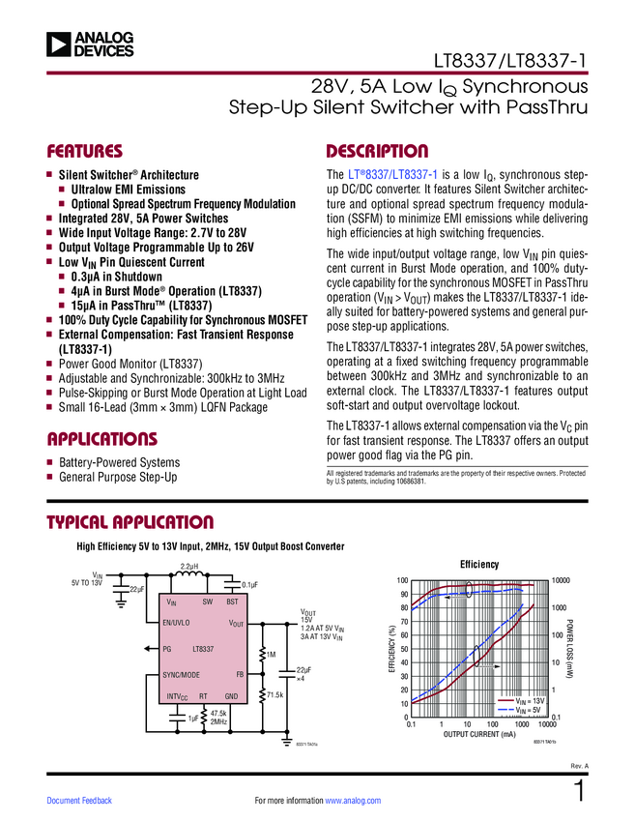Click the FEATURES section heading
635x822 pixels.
tap(85, 152)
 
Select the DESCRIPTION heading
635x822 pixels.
tap(377, 152)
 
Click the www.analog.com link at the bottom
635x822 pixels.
tap(354, 801)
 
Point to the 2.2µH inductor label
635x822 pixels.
tap(189, 566)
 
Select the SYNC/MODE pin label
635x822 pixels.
tap(182, 674)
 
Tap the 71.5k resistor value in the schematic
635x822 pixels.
tap(275, 695)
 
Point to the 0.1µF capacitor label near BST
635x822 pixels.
tap(249, 585)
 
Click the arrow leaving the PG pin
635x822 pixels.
tap(150, 649)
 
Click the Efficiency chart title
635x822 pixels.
tap(478, 565)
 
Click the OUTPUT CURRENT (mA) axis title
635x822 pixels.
tap(480, 735)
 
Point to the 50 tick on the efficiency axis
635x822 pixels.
tap(404, 648)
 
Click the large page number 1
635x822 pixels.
tap(580, 790)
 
